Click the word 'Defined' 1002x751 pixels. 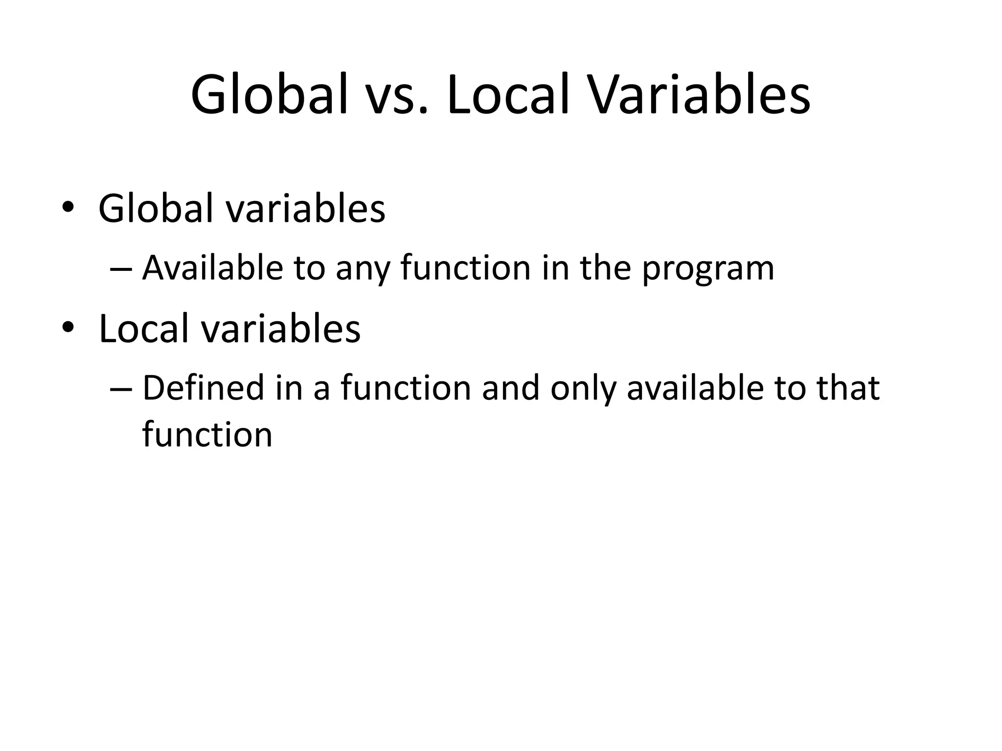pos(203,388)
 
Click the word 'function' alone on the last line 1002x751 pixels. pos(207,434)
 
